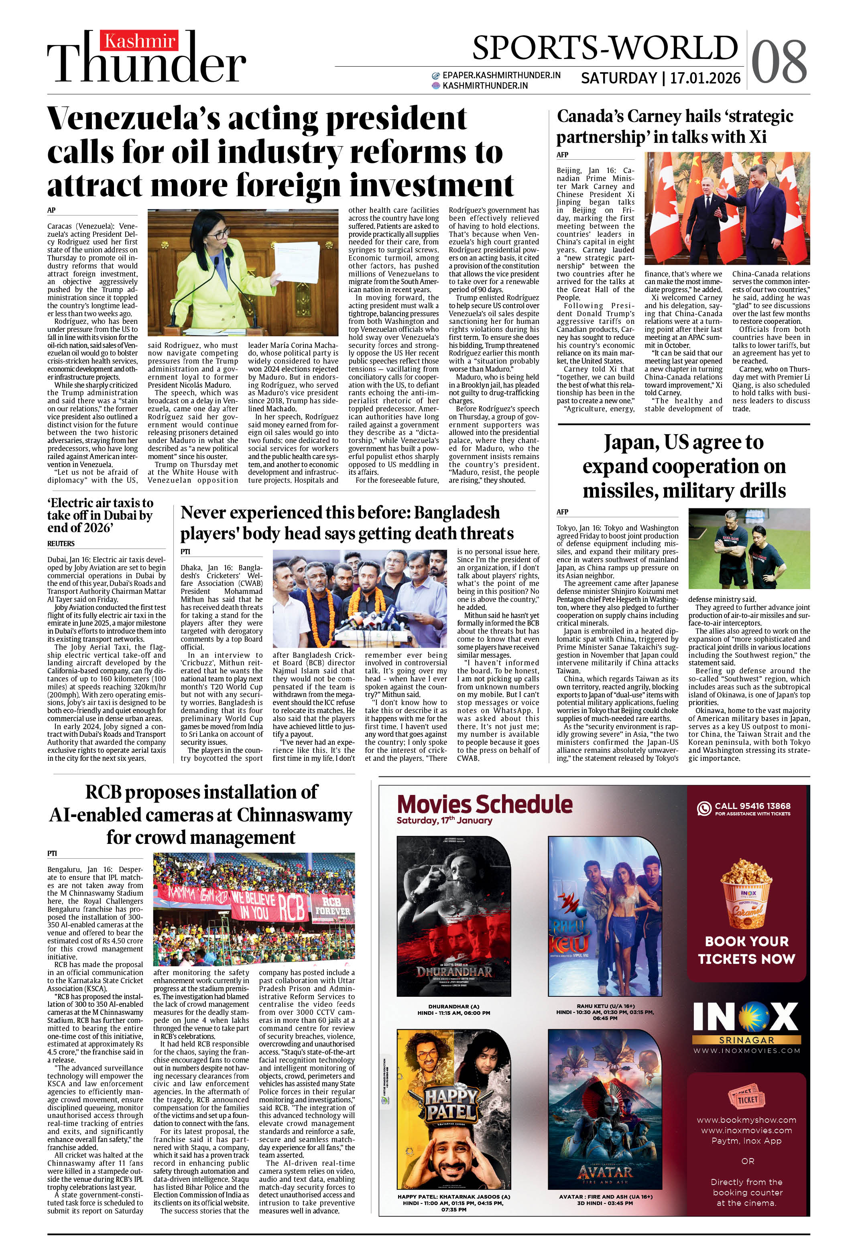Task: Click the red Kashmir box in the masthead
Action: [x=140, y=41]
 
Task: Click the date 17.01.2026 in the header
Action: [x=705, y=78]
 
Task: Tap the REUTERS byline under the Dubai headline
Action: [x=61, y=543]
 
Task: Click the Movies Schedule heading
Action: [x=484, y=804]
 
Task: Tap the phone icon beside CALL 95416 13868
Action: [x=704, y=809]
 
